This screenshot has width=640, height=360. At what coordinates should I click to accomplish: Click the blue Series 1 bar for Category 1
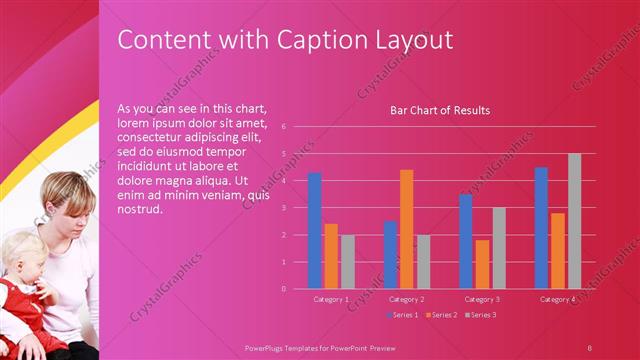pyautogui.click(x=314, y=231)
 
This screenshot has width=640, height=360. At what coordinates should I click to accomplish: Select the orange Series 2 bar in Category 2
pyautogui.click(x=406, y=229)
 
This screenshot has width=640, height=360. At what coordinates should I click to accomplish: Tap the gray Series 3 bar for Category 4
pyautogui.click(x=574, y=221)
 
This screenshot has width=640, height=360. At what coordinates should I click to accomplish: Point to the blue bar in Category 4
pyautogui.click(x=541, y=228)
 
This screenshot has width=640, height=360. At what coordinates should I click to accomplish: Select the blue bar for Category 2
pyautogui.click(x=390, y=255)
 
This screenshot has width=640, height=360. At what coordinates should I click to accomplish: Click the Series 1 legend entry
pyautogui.click(x=402, y=315)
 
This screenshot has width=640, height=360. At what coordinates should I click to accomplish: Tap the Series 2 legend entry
pyautogui.click(x=441, y=315)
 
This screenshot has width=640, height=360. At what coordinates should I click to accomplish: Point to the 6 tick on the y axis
pyautogui.click(x=284, y=127)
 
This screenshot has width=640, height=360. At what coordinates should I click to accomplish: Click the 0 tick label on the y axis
pyautogui.click(x=284, y=289)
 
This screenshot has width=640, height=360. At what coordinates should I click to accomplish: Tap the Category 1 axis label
pyautogui.click(x=331, y=300)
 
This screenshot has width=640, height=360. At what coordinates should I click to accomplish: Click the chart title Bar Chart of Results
pyautogui.click(x=440, y=110)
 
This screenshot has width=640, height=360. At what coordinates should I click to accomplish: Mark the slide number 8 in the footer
pyautogui.click(x=589, y=347)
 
